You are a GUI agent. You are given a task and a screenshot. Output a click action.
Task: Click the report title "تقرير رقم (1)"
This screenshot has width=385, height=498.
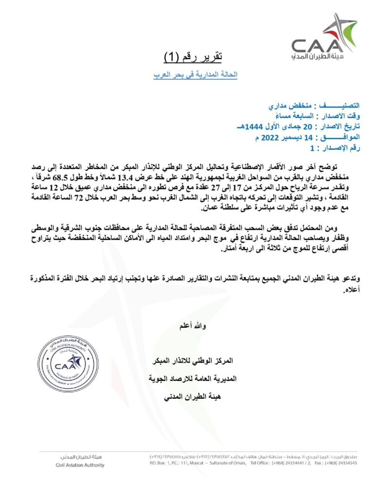coord(192,57)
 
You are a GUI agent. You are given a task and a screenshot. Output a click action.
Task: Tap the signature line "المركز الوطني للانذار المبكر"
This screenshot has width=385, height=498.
coord(193,361)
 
